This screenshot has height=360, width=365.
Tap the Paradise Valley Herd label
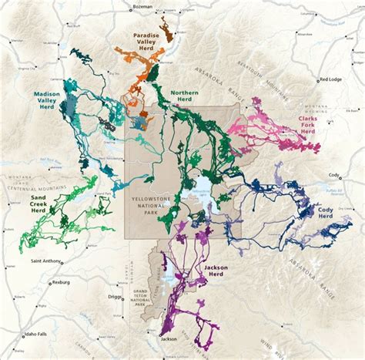point(146,44)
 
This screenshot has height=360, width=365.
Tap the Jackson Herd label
point(216,271)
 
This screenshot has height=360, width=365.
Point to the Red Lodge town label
point(332,79)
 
